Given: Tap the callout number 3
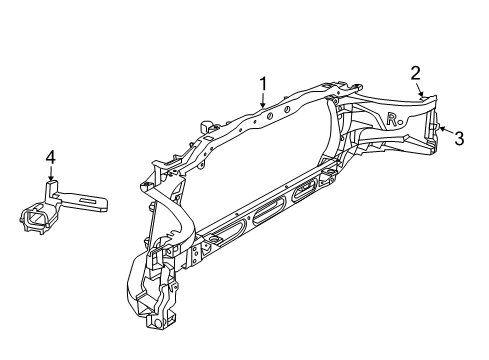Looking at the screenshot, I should tap(459, 139).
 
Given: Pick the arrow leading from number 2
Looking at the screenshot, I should tap(423, 88).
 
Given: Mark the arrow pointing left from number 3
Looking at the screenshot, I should tap(444, 133).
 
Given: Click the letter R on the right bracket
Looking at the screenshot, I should tap(391, 119).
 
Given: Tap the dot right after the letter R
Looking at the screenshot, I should tap(401, 123).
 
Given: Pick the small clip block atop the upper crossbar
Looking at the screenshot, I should tap(210, 128).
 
